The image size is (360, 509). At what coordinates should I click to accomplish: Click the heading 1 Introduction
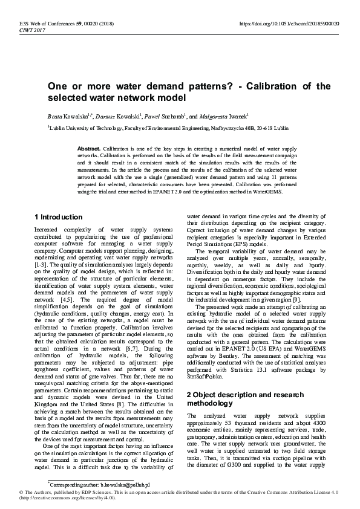pos(58,217)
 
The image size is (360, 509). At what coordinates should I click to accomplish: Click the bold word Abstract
pos(90,148)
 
